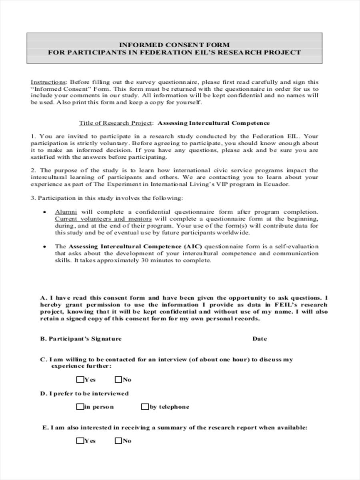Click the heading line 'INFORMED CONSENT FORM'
click(174, 45)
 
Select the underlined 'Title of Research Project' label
click(115, 123)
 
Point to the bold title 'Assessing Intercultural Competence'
click(214, 123)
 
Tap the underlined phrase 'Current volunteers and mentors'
click(103, 219)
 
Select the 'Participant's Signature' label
click(81, 339)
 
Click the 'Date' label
click(259, 339)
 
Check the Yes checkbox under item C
click(80, 379)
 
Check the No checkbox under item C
click(118, 379)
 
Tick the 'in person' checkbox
click(80, 407)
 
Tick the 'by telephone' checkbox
click(145, 407)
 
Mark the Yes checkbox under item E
click(80, 441)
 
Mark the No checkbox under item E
click(118, 441)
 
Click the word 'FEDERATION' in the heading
click(146, 52)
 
